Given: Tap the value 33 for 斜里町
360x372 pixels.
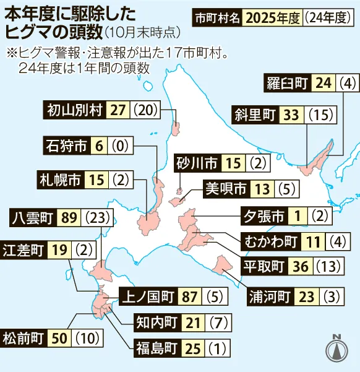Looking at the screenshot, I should click(x=290, y=115).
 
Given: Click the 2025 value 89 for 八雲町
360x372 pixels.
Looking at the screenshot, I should click(x=69, y=217).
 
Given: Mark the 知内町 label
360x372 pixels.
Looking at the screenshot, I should click(x=157, y=322).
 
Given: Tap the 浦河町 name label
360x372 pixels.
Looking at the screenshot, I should click(x=269, y=295).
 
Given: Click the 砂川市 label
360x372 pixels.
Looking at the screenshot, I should click(x=196, y=163).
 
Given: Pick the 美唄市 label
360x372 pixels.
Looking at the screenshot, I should click(x=225, y=188).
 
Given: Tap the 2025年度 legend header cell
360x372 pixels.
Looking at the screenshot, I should click(x=273, y=17).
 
